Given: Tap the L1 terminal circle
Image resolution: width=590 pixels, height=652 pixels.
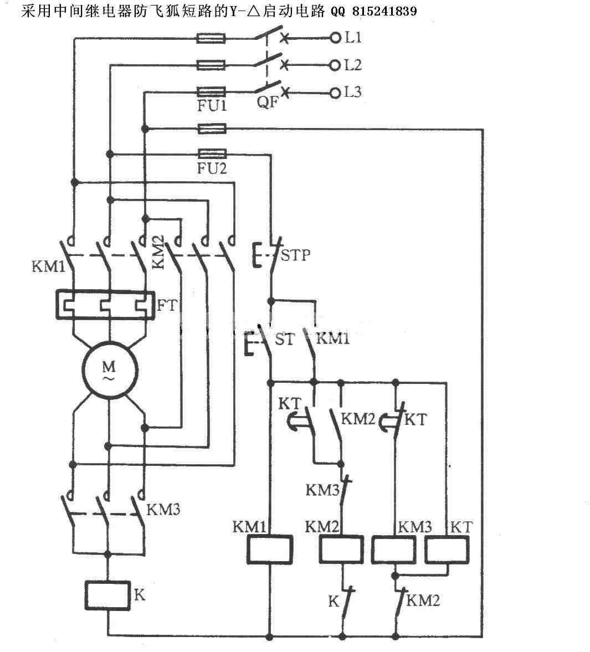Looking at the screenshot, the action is coord(335,38).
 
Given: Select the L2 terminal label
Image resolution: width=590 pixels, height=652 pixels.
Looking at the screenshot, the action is coord(353,65).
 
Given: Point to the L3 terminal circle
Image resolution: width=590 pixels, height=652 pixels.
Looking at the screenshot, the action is coord(335,93).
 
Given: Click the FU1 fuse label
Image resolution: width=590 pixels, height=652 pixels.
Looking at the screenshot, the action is coord(212,106).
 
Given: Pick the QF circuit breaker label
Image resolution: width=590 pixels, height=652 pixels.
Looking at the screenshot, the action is coord(268,101).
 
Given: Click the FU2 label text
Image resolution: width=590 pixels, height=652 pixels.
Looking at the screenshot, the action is coord(212,168).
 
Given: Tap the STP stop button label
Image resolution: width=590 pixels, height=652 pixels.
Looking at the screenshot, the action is coord(295,255).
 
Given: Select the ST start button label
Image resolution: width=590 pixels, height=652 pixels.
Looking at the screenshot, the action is coord(284,340).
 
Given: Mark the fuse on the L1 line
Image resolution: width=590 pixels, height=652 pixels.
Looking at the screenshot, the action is coord(211,39).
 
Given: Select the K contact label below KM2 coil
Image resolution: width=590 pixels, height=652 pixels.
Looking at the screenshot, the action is coord(334,601).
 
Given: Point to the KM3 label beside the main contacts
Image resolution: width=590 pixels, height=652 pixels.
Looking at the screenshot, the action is coord(163,510).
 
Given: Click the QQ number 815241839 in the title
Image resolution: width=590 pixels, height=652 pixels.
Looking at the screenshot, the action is coord(384,11).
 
